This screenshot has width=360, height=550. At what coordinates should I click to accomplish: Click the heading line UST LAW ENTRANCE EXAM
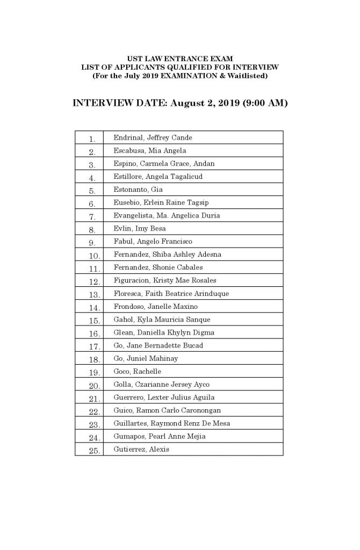pos(179,57)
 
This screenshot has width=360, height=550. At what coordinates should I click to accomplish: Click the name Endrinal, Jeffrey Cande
pos(153,138)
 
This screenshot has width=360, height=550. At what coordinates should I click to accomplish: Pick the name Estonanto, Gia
pos(138,190)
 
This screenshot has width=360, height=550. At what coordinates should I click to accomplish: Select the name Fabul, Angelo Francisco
pos(153,242)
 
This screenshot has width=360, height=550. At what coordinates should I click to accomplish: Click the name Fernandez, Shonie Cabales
pos(158,267)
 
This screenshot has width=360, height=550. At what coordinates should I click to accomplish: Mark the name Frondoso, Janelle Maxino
pos(155,307)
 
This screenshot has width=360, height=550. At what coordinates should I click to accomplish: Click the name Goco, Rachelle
pos(137,372)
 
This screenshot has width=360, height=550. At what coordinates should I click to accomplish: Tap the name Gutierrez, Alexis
pos(141,450)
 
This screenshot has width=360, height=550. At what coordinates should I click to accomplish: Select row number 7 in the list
pos(92,216)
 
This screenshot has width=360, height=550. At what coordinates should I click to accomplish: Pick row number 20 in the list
pos(95,385)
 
